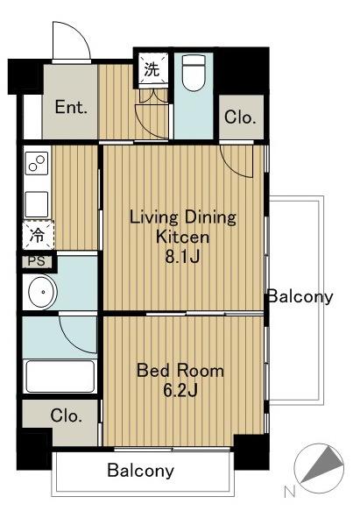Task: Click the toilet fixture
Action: [x=194, y=73]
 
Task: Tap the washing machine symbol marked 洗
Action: [x=152, y=69]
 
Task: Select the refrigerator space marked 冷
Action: [x=39, y=235]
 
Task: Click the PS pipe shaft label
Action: [x=37, y=262]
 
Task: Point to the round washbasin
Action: [x=42, y=292]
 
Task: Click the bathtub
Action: [x=60, y=376]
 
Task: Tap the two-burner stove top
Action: [x=37, y=163]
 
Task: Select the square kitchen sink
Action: [x=37, y=204]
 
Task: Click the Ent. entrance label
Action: [x=71, y=107]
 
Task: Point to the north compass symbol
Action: [x=319, y=468]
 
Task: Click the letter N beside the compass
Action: [x=290, y=492]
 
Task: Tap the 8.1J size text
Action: [x=182, y=257]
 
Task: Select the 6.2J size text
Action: [x=180, y=391]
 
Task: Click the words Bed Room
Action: [x=180, y=371]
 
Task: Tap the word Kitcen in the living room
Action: [x=182, y=237]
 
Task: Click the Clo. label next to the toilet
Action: [x=240, y=117]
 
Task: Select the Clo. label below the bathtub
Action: [x=67, y=415]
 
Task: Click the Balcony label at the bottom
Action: [x=141, y=471]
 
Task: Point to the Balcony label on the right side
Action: [x=300, y=297]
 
